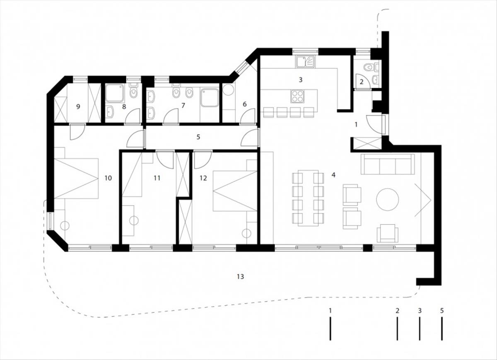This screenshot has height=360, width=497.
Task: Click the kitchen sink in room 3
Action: click(305, 61)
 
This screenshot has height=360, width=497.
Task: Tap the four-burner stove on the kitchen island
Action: click(297, 97)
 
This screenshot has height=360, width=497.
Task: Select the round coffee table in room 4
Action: click(387, 200)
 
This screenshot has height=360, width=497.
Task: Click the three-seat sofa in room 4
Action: click(388, 164)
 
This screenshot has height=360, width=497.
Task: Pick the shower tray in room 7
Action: click(210, 97)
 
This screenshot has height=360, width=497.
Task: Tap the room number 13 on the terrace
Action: click(240, 277)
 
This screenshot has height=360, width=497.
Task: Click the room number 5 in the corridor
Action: click(198, 137)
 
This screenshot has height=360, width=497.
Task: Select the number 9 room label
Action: click(78, 107)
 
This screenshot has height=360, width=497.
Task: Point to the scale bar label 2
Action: click(397, 311)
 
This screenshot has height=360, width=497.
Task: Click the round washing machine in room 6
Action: click(228, 89)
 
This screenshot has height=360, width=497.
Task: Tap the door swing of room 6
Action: click(247, 116)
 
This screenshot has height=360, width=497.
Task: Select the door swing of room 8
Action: click(133, 116)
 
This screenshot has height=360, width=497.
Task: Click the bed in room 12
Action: click(235, 191)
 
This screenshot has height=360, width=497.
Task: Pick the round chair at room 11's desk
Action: click(134, 220)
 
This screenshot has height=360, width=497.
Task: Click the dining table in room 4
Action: click(308, 198)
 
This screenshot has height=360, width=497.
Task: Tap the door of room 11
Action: click(165, 159)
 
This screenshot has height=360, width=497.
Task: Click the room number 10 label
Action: click(108, 178)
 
